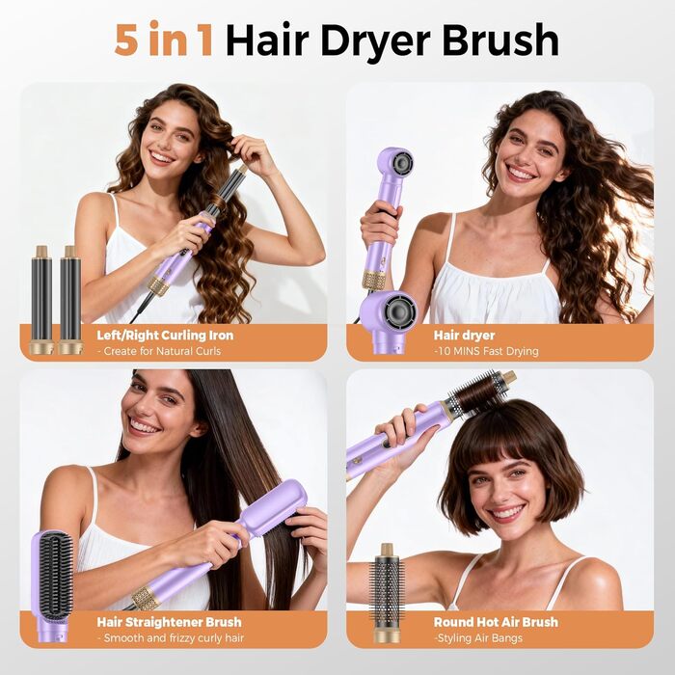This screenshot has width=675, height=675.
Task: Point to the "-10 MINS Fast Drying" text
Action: pyautogui.click(x=486, y=351)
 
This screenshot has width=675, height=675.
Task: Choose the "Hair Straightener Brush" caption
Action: pyautogui.click(x=169, y=622)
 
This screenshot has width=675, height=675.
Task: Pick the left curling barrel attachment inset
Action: pyautogui.click(x=42, y=299)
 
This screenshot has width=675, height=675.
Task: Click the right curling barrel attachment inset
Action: pyautogui.click(x=69, y=299)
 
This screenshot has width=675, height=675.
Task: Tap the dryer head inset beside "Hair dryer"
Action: pyautogui.click(x=391, y=318)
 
